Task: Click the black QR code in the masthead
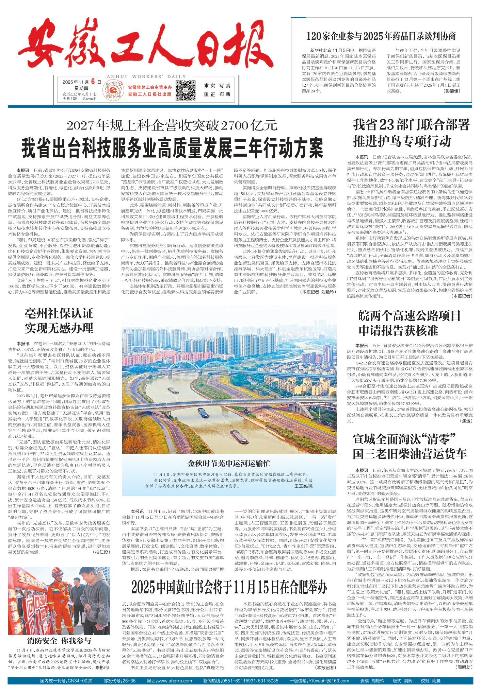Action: [x=185, y=90]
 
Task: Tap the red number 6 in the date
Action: [x=92, y=82]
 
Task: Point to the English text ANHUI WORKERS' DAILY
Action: [x=146, y=77]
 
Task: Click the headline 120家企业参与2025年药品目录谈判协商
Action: [x=381, y=36]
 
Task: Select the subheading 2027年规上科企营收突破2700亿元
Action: [x=172, y=126]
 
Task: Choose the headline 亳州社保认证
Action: [x=59, y=313]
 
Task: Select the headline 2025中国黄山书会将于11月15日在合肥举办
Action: [x=229, y=586]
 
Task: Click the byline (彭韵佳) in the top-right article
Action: [x=452, y=91]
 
